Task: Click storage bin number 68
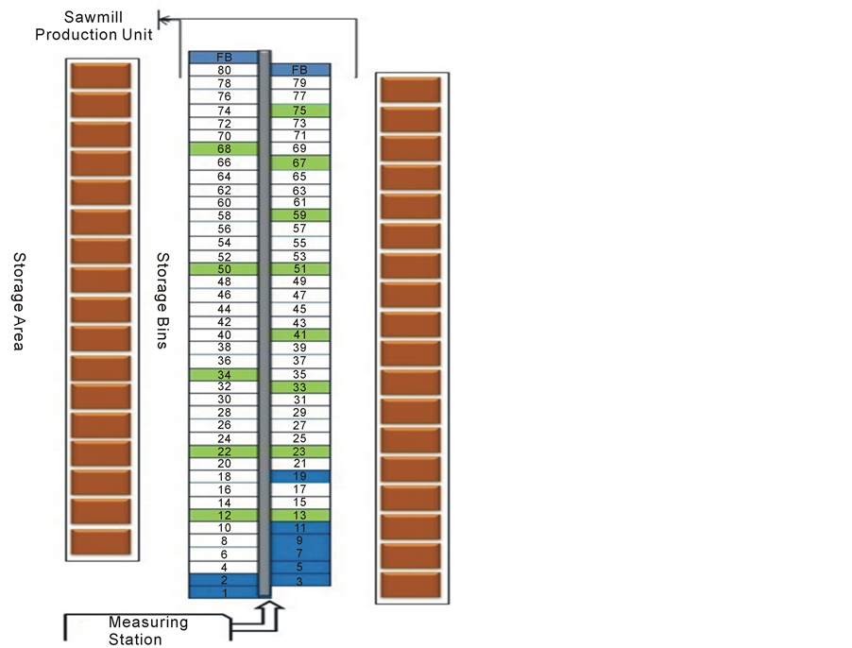(224, 148)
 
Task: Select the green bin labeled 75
(300, 111)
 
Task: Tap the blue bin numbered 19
(300, 477)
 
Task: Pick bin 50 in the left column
(224, 269)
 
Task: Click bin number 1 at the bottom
(224, 592)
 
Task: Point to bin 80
(224, 70)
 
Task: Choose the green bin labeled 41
(300, 334)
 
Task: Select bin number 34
(224, 374)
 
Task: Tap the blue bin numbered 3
(300, 580)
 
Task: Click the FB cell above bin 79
(300, 70)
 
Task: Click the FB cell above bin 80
(224, 58)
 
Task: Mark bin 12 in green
(224, 515)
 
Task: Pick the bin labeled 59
(300, 215)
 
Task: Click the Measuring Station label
(148, 631)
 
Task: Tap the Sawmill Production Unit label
(108, 26)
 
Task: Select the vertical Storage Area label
(17, 299)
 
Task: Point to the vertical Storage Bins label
(162, 299)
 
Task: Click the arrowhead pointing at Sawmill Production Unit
(163, 18)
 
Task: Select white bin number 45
(300, 309)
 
